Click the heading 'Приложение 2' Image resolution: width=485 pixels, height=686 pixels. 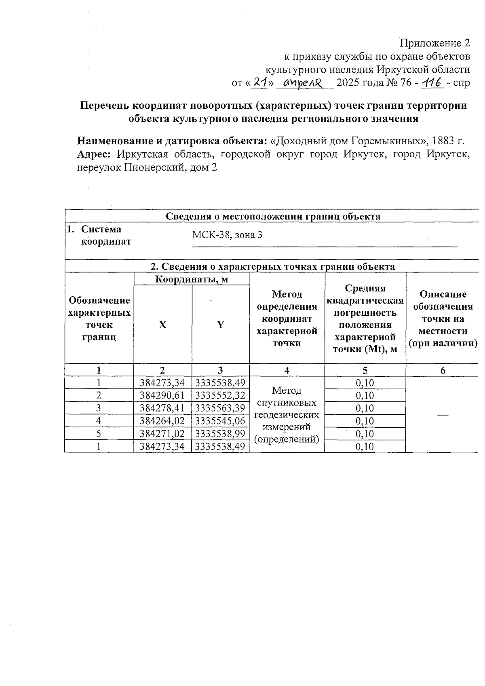point(435,43)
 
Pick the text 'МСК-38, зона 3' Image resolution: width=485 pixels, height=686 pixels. point(227,235)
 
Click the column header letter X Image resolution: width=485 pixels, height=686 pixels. point(162,325)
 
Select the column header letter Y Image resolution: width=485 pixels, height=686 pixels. point(220,325)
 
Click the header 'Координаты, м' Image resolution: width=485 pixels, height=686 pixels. point(192,279)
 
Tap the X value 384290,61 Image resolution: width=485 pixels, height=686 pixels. point(162,395)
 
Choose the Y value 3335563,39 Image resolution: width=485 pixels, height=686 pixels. point(220,408)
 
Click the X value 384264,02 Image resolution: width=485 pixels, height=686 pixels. point(162,421)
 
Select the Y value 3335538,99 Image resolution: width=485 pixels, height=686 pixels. point(220,434)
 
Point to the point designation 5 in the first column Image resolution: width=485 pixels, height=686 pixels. point(99,434)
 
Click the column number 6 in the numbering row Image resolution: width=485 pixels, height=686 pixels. point(443,370)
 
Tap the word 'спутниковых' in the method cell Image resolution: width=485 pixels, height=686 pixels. point(287,403)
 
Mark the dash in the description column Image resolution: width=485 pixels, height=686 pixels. point(443,416)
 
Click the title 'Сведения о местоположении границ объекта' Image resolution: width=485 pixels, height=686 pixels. point(273,216)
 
